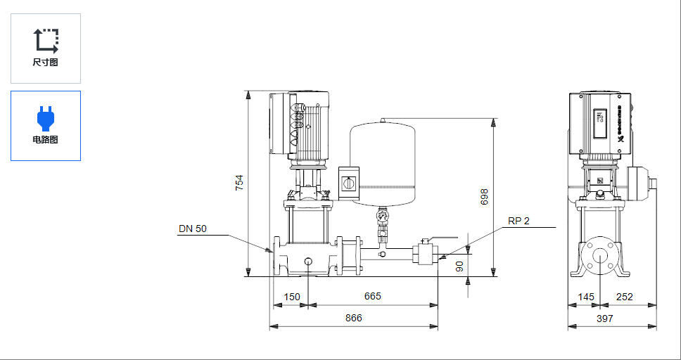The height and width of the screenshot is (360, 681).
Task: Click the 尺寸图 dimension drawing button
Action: [x=46, y=49]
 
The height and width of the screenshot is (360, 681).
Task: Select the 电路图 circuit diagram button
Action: [x=46, y=126]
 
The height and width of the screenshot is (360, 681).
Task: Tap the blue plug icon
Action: [x=46, y=118]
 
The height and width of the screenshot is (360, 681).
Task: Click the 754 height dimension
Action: [x=239, y=183]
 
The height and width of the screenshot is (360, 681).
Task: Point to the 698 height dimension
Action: [x=484, y=197]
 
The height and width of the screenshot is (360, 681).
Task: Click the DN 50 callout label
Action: [x=193, y=229]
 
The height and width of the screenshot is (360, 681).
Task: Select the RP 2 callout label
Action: [x=518, y=221]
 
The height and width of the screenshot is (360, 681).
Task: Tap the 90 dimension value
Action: [x=460, y=266]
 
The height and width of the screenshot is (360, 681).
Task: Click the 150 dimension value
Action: [x=291, y=296]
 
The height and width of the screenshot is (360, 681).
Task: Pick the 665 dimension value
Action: [x=372, y=296]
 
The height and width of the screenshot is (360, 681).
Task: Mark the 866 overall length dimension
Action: [x=353, y=318]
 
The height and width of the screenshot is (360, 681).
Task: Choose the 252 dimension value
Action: [x=624, y=297]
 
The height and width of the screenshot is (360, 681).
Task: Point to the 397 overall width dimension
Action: [x=604, y=318]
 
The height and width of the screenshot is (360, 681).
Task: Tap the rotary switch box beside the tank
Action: [x=348, y=182]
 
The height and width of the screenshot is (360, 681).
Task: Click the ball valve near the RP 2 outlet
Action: [x=424, y=252]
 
